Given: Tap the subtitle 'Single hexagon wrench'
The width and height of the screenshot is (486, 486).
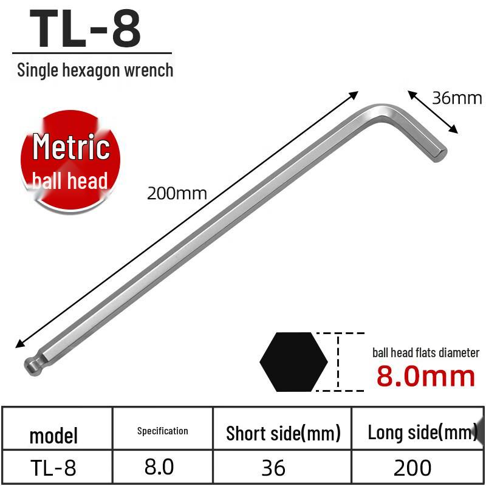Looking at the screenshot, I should tap(95, 70).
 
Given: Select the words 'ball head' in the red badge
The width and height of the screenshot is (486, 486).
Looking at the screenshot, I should tap(70, 180).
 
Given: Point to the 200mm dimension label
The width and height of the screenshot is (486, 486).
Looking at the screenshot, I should tap(177, 194).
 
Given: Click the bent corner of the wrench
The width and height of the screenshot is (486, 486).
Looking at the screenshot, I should tap(383, 113).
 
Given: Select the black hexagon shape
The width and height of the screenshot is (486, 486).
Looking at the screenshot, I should tap(293, 362).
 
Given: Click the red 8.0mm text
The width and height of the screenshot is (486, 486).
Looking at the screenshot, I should tap(426, 376).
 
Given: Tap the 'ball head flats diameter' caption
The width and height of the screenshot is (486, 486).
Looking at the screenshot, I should tap(426, 352).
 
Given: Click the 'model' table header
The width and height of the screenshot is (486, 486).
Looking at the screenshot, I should tap(53, 435).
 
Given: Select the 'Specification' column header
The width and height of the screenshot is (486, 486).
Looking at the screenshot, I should tap(162, 431).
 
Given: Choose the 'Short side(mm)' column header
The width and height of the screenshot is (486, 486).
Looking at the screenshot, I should tap(282, 433).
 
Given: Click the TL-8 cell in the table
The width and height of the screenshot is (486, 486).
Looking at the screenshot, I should tap(53, 467).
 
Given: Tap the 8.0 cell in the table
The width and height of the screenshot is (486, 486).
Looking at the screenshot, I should tap(159, 467).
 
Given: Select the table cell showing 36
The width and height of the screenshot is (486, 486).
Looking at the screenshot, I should tap(273, 467).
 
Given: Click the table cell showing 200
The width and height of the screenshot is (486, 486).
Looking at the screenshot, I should tap(412, 467).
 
